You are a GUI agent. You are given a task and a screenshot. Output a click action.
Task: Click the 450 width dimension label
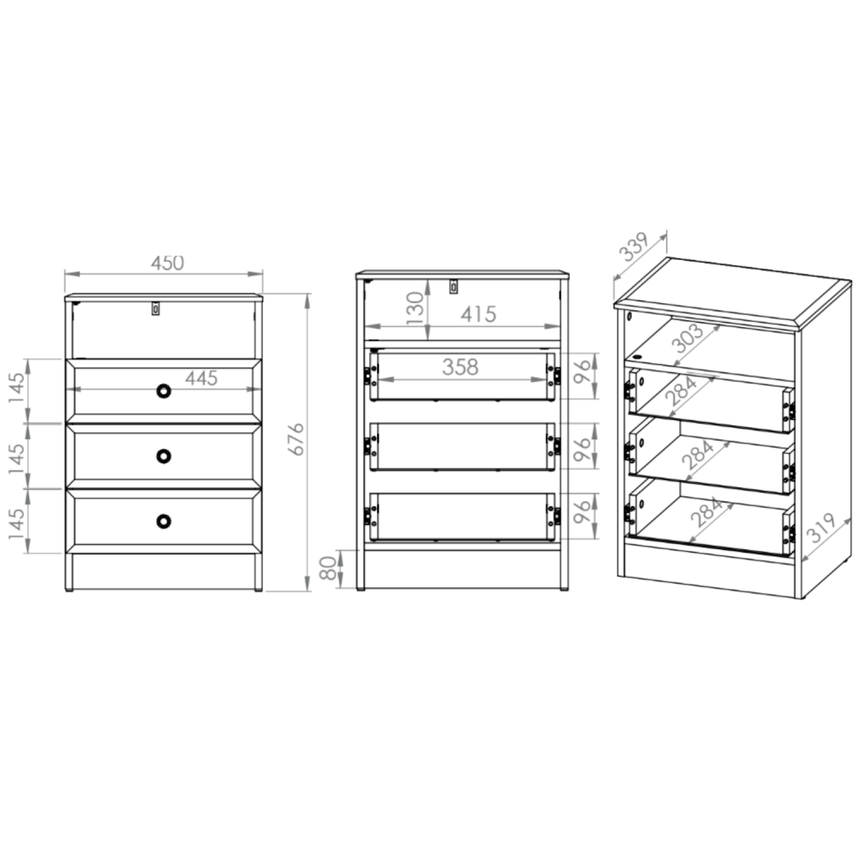coord(168,263)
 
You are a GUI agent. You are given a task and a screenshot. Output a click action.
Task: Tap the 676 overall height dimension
coord(296,439)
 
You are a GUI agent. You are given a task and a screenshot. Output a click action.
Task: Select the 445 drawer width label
coord(201,378)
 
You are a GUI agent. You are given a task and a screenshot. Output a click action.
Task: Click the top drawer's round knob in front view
coord(164,391)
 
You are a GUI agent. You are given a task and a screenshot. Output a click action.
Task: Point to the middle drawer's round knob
coord(164,456)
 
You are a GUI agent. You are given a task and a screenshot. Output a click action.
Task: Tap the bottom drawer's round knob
coord(164,521)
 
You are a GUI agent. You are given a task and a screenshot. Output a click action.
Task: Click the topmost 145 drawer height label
coord(17,387)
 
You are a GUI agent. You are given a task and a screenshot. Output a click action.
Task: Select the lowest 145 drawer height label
coord(17,523)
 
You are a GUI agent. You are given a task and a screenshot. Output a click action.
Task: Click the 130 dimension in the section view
coord(416,308)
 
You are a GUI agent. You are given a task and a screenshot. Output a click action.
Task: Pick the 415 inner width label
coord(478,314)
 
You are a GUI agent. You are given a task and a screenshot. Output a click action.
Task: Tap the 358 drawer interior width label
coord(460,367)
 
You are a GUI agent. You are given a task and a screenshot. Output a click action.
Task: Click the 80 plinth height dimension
coord(328,568)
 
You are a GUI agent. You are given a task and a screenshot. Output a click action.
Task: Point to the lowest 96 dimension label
coord(582,511)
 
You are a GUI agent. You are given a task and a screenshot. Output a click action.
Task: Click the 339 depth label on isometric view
coord(635,246)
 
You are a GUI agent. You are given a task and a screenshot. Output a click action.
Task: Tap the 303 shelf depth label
coord(687,338)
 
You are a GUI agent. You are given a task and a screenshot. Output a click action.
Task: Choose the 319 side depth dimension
coord(821,528)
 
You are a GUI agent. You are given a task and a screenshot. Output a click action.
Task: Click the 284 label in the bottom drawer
coord(706,511)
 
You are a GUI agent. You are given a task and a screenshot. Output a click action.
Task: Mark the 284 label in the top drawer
coord(681,390)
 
